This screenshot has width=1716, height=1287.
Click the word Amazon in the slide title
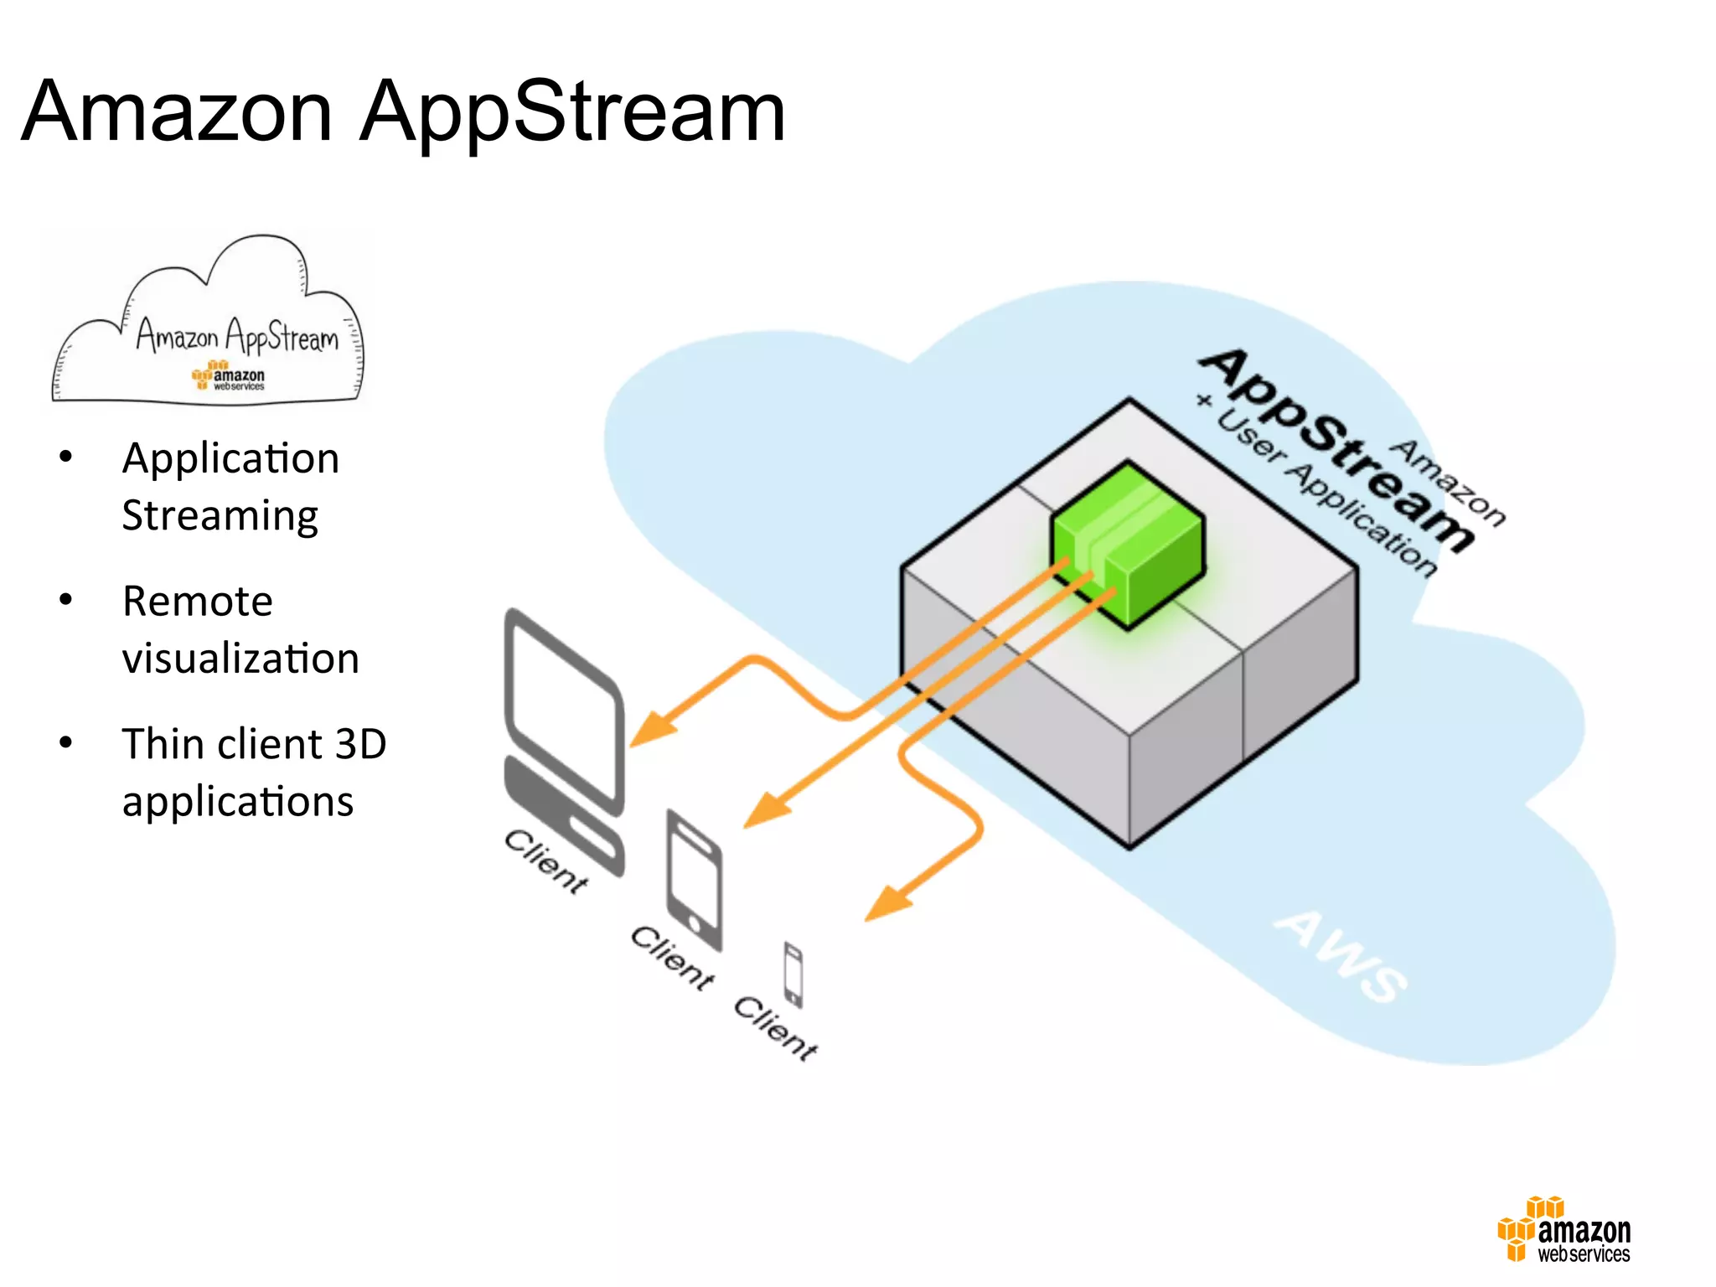coord(177,111)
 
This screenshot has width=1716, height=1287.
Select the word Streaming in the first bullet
coord(220,515)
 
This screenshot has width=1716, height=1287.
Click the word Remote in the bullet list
coord(198,601)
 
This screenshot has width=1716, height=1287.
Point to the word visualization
coord(240,659)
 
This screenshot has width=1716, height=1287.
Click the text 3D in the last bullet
coord(360,744)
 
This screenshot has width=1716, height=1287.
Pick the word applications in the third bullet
coord(238,802)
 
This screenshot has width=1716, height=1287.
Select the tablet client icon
coord(694,880)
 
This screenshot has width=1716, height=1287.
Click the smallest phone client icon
coord(793,974)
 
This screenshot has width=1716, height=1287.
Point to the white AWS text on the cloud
coord(1341,955)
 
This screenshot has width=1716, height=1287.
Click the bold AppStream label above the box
coord(1336,448)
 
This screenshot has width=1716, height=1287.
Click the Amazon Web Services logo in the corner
coord(1564,1229)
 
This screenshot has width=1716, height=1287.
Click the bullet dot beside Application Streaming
coord(66,457)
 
